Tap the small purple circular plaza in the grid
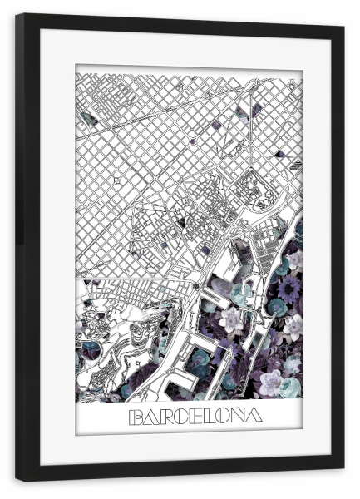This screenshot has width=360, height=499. [193, 141]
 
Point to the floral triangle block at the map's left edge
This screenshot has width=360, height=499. [89, 120]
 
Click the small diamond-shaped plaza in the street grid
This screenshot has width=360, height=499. [117, 179]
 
